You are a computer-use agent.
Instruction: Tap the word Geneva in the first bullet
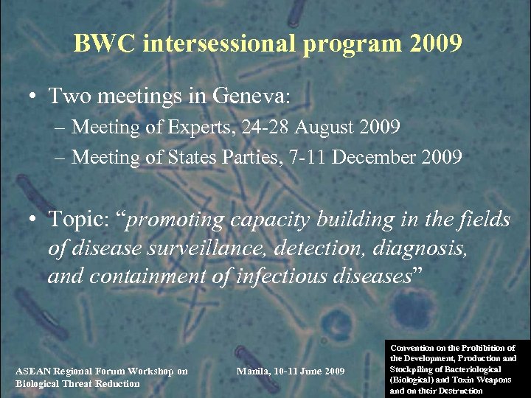251,96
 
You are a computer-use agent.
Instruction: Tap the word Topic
76,220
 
